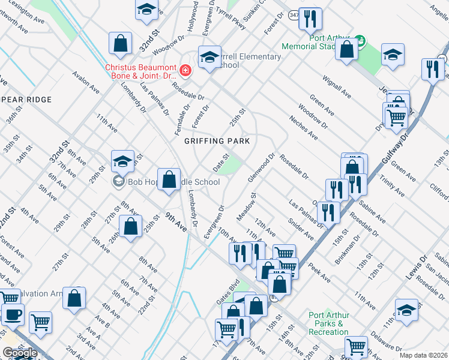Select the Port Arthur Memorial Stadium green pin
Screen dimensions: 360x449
coord(360,41)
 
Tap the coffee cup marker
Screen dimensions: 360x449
coord(12,314)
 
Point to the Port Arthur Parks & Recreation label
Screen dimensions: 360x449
coord(329,324)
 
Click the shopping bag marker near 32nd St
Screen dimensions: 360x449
coord(120,43)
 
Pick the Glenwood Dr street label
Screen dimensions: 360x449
coord(261,169)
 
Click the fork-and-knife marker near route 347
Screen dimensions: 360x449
coord(310,19)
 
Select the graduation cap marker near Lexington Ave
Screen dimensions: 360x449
coord(146,10)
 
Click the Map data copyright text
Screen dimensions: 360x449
coord(424,355)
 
